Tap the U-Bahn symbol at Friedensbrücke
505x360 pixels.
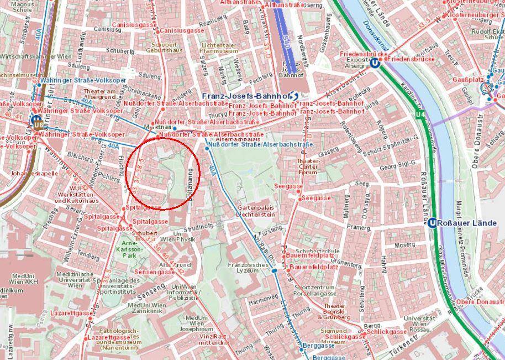(375, 63)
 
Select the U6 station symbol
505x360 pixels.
(36, 119)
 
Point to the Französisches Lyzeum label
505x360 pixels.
(243, 268)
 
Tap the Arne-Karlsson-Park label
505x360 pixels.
(131, 249)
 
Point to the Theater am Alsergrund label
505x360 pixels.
(100, 94)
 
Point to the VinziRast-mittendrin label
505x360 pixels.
(214, 340)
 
